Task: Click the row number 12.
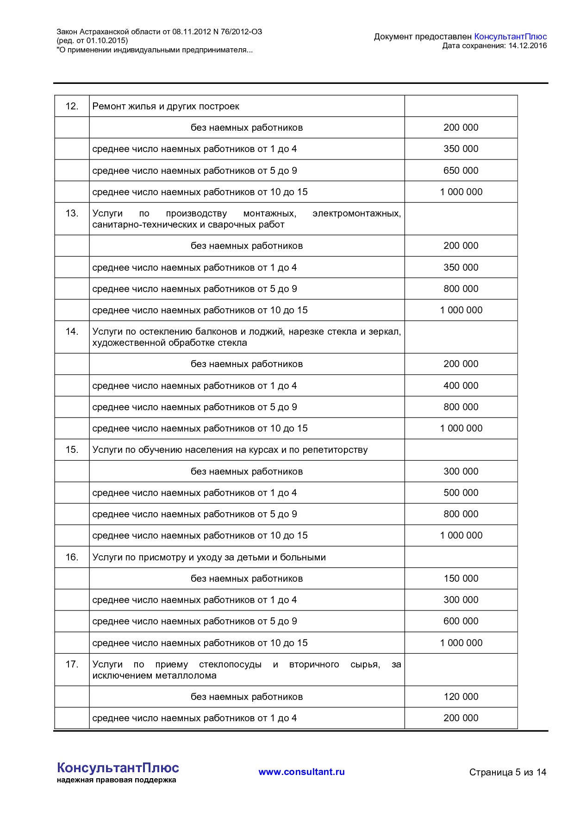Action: point(72,106)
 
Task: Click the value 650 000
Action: point(461,171)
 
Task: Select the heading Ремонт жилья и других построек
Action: point(166,106)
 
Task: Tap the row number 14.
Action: point(72,331)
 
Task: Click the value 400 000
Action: point(461,386)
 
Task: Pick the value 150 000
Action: point(461,578)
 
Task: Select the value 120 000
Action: point(461,697)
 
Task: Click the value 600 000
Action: point(461,621)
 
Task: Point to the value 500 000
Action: point(461,493)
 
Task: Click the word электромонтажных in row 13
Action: point(356,213)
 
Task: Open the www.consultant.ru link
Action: point(301,772)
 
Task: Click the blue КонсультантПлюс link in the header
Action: point(510,36)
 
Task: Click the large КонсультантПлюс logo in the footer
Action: point(118,768)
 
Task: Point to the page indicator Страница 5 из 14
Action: point(507,772)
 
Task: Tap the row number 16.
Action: point(72,557)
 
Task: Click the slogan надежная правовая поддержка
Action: point(116,780)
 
